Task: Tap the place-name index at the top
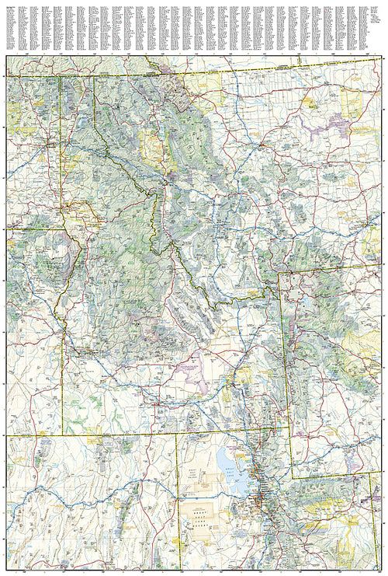tap(194, 26)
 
